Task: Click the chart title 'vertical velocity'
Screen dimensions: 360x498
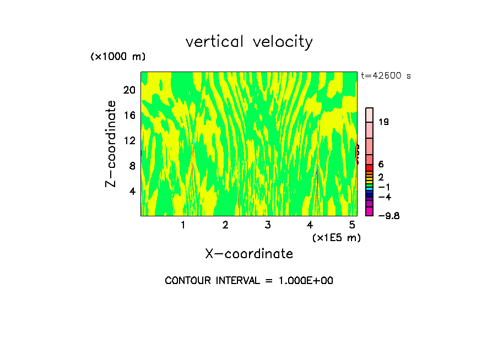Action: coord(249,42)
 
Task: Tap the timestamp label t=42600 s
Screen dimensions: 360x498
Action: coord(386,76)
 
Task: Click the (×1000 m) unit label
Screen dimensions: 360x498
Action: coord(117,57)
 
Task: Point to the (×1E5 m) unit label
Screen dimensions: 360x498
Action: coord(336,237)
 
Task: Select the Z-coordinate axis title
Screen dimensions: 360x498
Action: coord(111,144)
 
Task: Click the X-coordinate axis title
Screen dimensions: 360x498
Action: coord(249,254)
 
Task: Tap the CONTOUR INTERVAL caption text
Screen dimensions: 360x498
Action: coord(249,281)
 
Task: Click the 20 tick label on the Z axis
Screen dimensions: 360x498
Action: coord(129,90)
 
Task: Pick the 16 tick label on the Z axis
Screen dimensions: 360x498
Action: coord(129,115)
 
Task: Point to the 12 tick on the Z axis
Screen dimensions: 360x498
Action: coord(129,140)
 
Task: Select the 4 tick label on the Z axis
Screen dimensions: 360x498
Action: coord(132,191)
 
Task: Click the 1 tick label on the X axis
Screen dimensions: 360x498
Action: coord(183,225)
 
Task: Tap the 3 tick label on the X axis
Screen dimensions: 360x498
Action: coord(267,225)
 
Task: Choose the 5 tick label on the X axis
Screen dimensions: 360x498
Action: coord(352,225)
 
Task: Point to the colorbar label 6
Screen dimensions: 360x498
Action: coord(381,164)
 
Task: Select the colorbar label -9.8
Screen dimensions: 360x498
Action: coord(388,216)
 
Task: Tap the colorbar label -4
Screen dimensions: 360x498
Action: coord(385,197)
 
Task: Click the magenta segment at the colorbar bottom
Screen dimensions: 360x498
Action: coord(369,211)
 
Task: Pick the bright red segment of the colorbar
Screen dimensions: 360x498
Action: coord(369,167)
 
